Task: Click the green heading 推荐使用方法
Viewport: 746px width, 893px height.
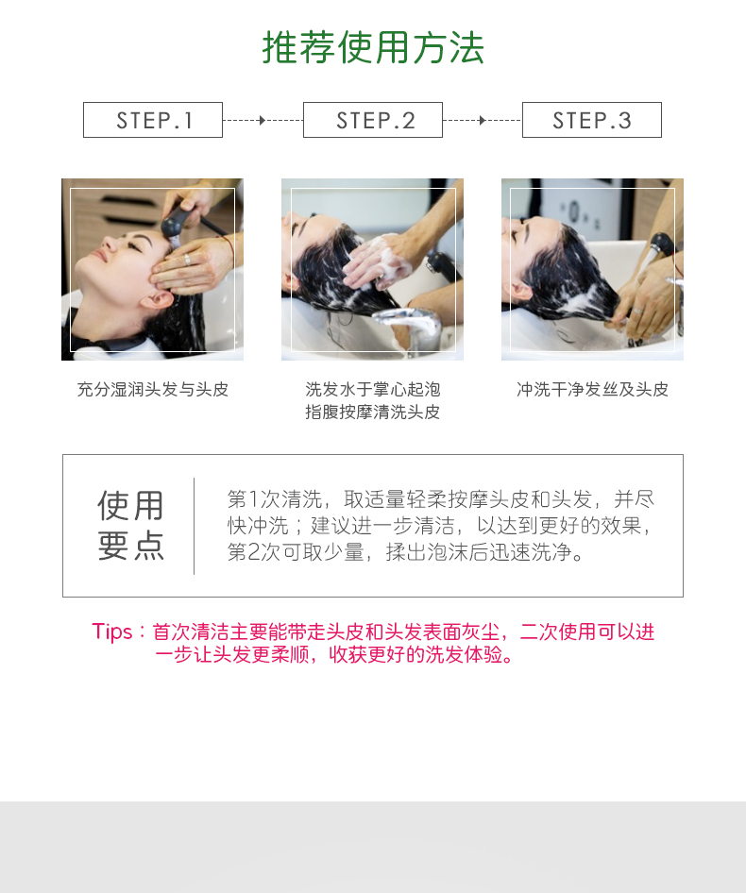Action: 373,47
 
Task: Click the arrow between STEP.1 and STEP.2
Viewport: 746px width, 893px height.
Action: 263,120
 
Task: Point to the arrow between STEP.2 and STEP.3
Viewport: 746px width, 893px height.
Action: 483,120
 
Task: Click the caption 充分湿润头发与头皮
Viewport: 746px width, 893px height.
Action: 153,390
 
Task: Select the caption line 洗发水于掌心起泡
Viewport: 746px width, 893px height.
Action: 373,390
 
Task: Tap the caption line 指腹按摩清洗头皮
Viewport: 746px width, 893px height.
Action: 373,412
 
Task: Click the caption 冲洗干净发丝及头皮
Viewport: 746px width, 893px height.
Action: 592,390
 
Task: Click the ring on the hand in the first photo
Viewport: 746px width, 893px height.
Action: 187,260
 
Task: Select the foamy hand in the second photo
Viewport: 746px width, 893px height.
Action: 377,263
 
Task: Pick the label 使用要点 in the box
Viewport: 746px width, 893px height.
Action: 131,526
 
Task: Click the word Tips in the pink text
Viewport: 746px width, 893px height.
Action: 112,632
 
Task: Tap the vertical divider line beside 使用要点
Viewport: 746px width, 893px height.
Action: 195,526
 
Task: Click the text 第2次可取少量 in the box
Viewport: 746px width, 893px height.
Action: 296,552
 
